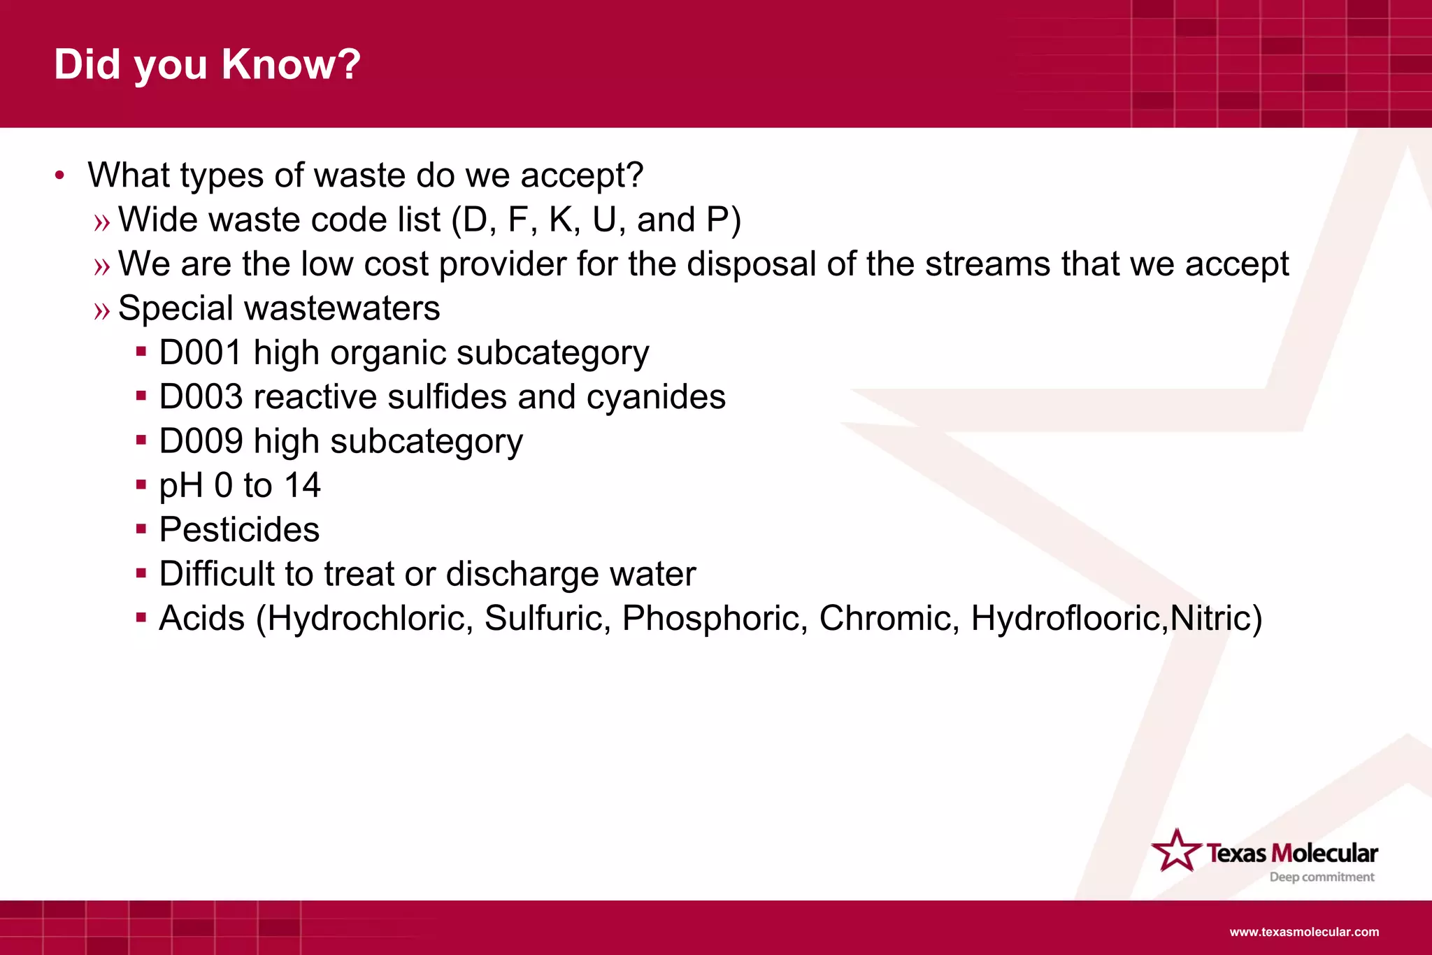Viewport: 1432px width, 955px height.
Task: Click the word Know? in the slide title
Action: point(291,64)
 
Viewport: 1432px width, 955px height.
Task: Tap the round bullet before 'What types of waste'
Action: point(60,175)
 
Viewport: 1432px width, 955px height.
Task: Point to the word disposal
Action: point(751,264)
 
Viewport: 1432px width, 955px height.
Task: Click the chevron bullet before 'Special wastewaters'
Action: point(102,310)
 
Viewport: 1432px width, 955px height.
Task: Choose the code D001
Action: point(200,352)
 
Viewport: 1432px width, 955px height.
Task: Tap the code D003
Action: point(200,397)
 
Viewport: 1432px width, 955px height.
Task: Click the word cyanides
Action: point(655,397)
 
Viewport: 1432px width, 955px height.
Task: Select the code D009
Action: point(200,441)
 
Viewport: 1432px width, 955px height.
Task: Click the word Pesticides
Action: point(239,529)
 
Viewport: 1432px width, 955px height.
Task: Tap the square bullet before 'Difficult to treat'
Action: point(141,573)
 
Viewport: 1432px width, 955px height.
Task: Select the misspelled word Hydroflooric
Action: point(1068,619)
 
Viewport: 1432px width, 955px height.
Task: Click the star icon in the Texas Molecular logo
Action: point(1176,851)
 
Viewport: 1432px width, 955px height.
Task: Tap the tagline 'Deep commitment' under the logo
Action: point(1322,877)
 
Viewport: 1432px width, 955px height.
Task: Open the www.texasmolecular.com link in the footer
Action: point(1304,932)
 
